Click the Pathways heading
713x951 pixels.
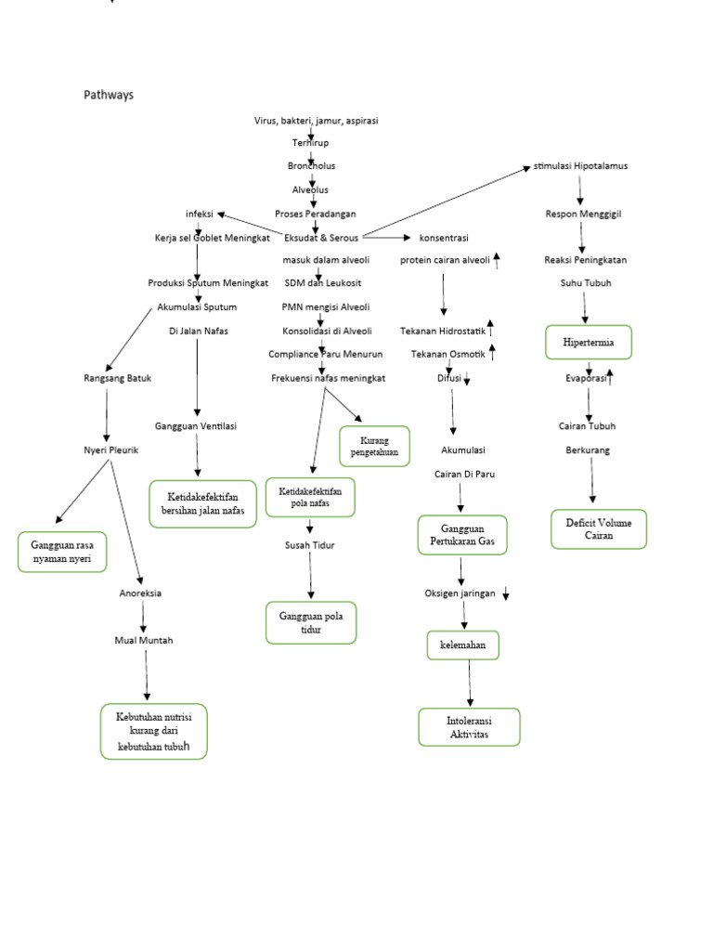[x=109, y=95]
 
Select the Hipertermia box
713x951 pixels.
[x=589, y=342]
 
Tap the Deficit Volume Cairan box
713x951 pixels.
[x=599, y=529]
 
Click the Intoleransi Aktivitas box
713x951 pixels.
[x=469, y=727]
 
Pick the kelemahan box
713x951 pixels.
[x=462, y=645]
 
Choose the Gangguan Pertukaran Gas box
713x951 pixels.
[x=461, y=535]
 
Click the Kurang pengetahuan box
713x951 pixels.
[x=374, y=446]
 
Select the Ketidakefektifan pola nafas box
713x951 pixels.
[x=310, y=497]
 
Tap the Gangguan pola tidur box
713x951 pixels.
[x=311, y=622]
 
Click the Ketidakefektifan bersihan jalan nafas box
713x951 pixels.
[x=202, y=503]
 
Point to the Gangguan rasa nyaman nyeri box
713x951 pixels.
[x=62, y=552]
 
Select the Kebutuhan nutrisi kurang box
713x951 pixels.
[x=153, y=732]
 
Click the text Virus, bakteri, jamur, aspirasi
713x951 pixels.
[x=316, y=121]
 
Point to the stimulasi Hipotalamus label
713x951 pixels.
[x=580, y=166]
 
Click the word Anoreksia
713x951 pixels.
[x=140, y=593]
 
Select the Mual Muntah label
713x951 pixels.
[x=143, y=640]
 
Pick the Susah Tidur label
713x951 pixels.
[x=309, y=545]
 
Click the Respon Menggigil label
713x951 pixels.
[x=583, y=214]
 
